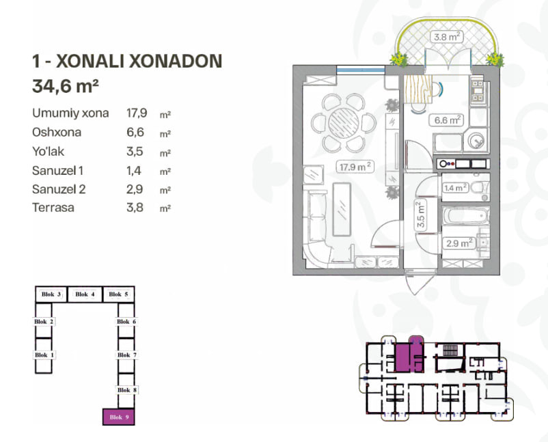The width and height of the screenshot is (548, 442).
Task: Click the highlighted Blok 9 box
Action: [x=118, y=417]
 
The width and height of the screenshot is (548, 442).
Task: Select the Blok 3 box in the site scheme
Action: [x=51, y=294]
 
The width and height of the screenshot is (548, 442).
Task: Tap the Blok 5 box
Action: [x=118, y=294]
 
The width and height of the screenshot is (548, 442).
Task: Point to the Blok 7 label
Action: [x=126, y=355]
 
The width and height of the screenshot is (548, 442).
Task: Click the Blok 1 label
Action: [x=44, y=355]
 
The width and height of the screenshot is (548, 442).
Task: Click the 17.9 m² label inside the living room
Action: [x=355, y=167]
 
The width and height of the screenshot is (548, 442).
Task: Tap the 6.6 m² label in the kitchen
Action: [x=447, y=120]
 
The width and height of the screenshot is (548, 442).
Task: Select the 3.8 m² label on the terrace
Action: [x=446, y=36]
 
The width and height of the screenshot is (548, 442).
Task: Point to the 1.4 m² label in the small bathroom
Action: [x=455, y=188]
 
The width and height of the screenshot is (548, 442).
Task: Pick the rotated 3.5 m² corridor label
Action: [x=421, y=215]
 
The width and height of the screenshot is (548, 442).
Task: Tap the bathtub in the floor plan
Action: [x=465, y=216]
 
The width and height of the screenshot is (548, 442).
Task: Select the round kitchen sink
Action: [x=476, y=141]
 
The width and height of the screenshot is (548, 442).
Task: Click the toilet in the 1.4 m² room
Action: [x=480, y=188]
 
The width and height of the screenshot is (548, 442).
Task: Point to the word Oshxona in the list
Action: [x=57, y=132]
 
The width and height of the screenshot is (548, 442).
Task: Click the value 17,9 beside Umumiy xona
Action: [x=137, y=113]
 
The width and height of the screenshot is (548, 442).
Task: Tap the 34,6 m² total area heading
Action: [x=66, y=86]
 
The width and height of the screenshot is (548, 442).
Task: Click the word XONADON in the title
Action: [x=176, y=61]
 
